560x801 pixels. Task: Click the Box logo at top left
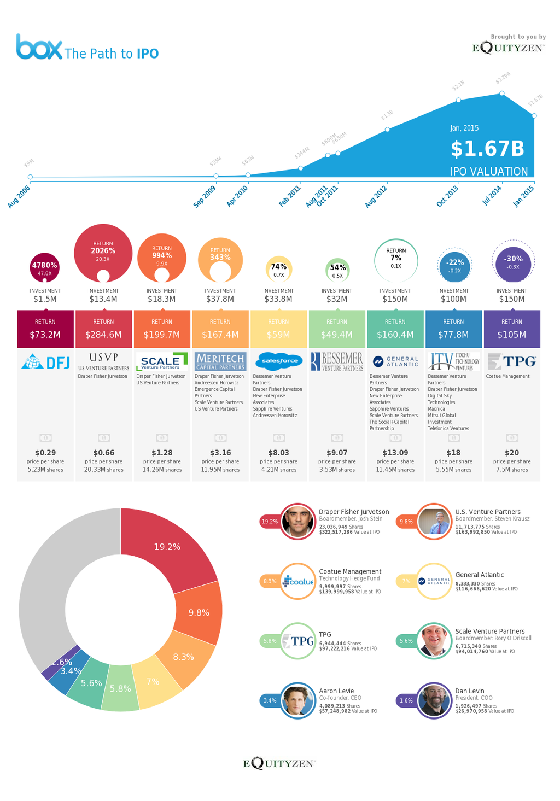point(39,47)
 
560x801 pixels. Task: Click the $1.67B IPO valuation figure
point(487,149)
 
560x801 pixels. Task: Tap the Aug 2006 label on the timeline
point(19,197)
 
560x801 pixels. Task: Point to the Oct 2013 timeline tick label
point(447,196)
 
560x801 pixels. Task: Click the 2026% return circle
point(103,253)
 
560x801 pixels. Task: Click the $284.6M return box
point(103,329)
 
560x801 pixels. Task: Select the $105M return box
point(512,329)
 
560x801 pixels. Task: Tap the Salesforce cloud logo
point(279,361)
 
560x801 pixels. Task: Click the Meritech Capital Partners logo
point(220,361)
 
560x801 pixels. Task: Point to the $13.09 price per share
point(395,453)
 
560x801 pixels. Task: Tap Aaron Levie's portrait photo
point(297,700)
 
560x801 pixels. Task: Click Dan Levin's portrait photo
point(434,700)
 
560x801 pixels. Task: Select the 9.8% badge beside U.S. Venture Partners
point(406,522)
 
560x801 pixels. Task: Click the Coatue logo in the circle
point(298,581)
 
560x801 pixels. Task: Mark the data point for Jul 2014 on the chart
point(502,93)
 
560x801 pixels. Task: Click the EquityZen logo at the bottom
point(279,763)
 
